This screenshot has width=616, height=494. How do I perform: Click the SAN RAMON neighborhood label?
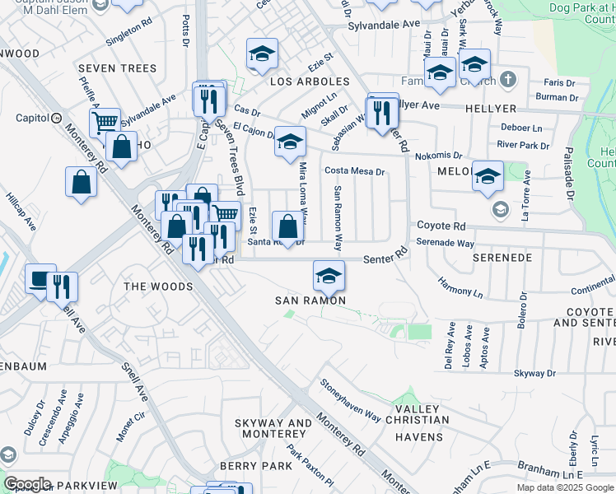(309, 301)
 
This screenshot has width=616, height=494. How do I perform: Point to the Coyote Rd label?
(441, 226)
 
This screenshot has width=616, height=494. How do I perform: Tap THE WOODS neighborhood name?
(158, 287)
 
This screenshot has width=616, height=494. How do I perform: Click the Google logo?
(26, 484)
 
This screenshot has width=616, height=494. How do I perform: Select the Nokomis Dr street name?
(439, 154)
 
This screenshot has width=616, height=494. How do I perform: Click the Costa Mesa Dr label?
(355, 171)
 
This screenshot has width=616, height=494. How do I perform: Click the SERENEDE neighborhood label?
(502, 258)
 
